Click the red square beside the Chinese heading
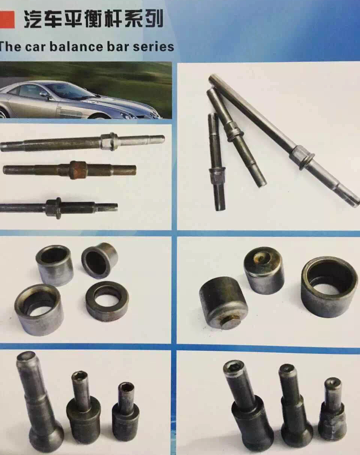(x=7, y=20)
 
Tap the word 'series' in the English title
(x=153, y=46)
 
